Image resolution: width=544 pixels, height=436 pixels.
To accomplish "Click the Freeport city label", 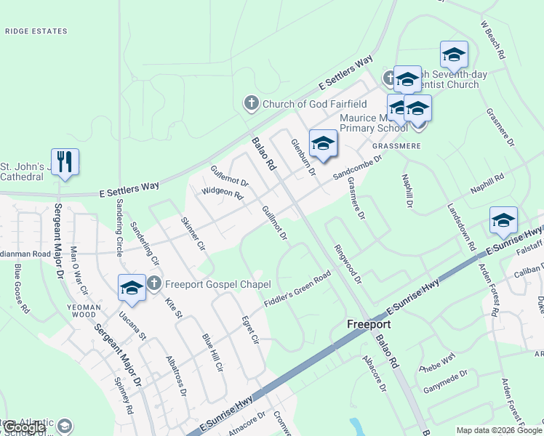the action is click(369, 324).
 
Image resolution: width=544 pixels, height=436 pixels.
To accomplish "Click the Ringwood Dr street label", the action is click(348, 262).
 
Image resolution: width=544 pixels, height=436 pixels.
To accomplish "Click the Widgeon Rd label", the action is click(222, 192).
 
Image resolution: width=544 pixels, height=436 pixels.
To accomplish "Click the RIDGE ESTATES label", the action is click(36, 31).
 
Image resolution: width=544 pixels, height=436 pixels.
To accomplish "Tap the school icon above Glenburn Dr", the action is click(323, 142).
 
